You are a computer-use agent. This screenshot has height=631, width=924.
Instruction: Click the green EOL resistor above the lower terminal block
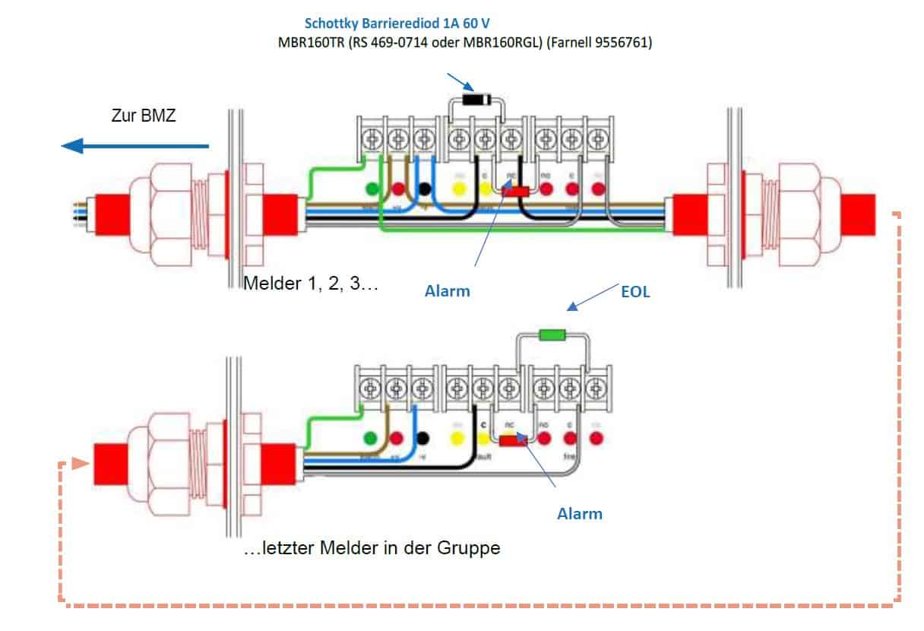[552, 335]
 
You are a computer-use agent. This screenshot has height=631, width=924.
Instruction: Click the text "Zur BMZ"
[144, 117]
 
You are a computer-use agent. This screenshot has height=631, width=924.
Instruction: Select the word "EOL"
[635, 291]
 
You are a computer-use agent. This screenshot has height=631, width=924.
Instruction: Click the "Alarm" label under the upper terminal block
[447, 290]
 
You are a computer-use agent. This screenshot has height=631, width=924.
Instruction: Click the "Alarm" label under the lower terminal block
[580, 513]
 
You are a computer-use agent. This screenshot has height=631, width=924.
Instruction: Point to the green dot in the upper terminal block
[372, 189]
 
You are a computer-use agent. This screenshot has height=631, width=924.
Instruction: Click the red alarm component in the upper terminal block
[518, 192]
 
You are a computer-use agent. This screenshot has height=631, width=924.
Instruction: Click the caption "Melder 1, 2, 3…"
[311, 285]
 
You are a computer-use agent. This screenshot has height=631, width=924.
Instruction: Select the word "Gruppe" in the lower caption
[472, 547]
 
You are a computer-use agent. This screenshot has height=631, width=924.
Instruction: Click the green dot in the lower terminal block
[371, 438]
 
